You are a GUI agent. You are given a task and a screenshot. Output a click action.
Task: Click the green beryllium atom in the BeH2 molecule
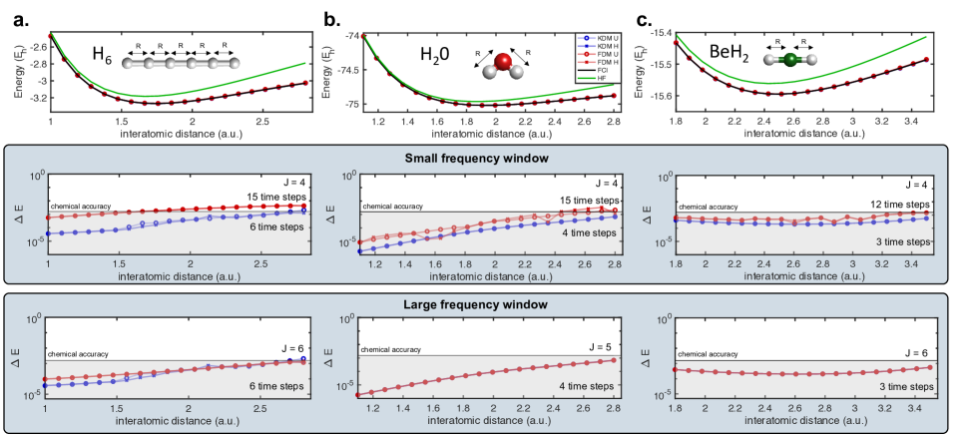click(789, 61)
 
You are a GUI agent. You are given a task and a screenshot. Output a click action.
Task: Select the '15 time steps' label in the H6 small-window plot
click(274, 197)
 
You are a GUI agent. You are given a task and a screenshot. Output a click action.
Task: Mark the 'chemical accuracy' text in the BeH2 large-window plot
click(708, 353)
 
